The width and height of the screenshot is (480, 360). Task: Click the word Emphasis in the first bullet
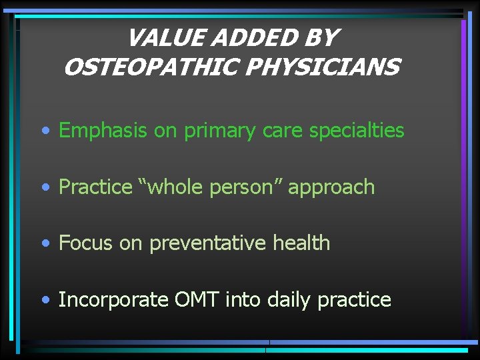pyautogui.click(x=103, y=131)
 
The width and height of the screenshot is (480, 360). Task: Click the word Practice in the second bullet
pyautogui.click(x=95, y=187)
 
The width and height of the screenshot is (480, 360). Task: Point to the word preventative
pyautogui.click(x=208, y=243)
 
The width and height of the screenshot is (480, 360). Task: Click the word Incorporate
pyautogui.click(x=113, y=300)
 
